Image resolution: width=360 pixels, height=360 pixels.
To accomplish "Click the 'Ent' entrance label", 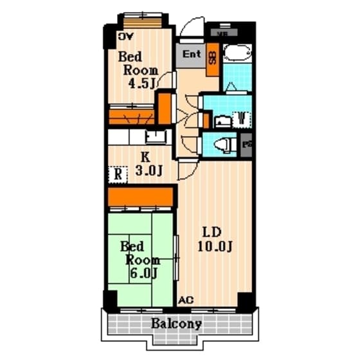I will click(x=192, y=54).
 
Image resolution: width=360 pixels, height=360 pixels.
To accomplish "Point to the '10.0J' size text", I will click(x=215, y=247).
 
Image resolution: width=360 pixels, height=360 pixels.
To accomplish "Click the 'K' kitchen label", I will click(x=145, y=156).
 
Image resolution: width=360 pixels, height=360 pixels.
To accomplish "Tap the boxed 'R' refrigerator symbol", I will click(x=118, y=174).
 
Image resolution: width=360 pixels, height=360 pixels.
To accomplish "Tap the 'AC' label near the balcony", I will click(x=186, y=300).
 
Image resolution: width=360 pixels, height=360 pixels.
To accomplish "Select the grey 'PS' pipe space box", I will click(x=247, y=144).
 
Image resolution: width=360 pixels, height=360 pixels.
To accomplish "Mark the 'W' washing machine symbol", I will click(x=241, y=118).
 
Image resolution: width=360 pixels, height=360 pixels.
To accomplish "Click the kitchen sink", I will click(x=155, y=136).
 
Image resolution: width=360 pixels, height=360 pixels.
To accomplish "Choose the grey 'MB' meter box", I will click(x=223, y=32).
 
